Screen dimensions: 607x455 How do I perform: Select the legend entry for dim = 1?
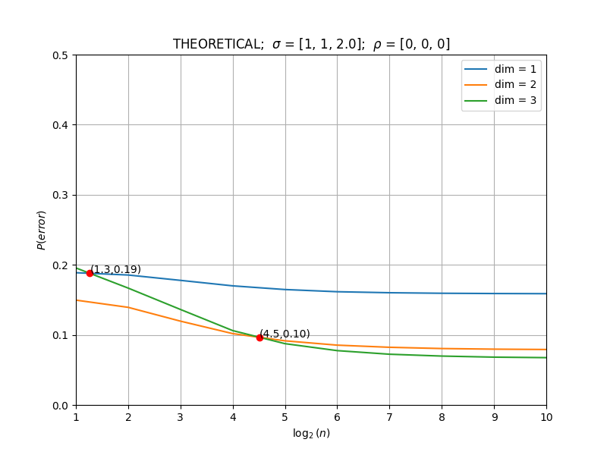coord(500,69)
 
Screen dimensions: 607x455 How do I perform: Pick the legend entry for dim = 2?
coord(500,85)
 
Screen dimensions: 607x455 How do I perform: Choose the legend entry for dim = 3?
coord(500,101)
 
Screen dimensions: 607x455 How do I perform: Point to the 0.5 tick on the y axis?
coord(60,55)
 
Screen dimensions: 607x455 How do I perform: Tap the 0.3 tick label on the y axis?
coord(60,196)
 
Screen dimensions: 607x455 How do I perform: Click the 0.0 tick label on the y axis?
coord(60,406)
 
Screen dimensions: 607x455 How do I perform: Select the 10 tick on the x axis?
coord(546,418)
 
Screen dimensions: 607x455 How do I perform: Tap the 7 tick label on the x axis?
coord(389,418)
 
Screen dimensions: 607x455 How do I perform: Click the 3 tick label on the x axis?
coord(181,418)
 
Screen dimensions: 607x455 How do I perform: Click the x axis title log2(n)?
coord(311,433)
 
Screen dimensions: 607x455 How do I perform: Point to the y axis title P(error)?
coord(42,231)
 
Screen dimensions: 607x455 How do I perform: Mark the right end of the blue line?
coord(546,293)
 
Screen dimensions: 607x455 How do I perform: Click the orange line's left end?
coord(77,300)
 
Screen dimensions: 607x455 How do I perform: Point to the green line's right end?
coord(546,357)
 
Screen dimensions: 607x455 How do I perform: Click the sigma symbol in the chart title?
coord(276,45)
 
